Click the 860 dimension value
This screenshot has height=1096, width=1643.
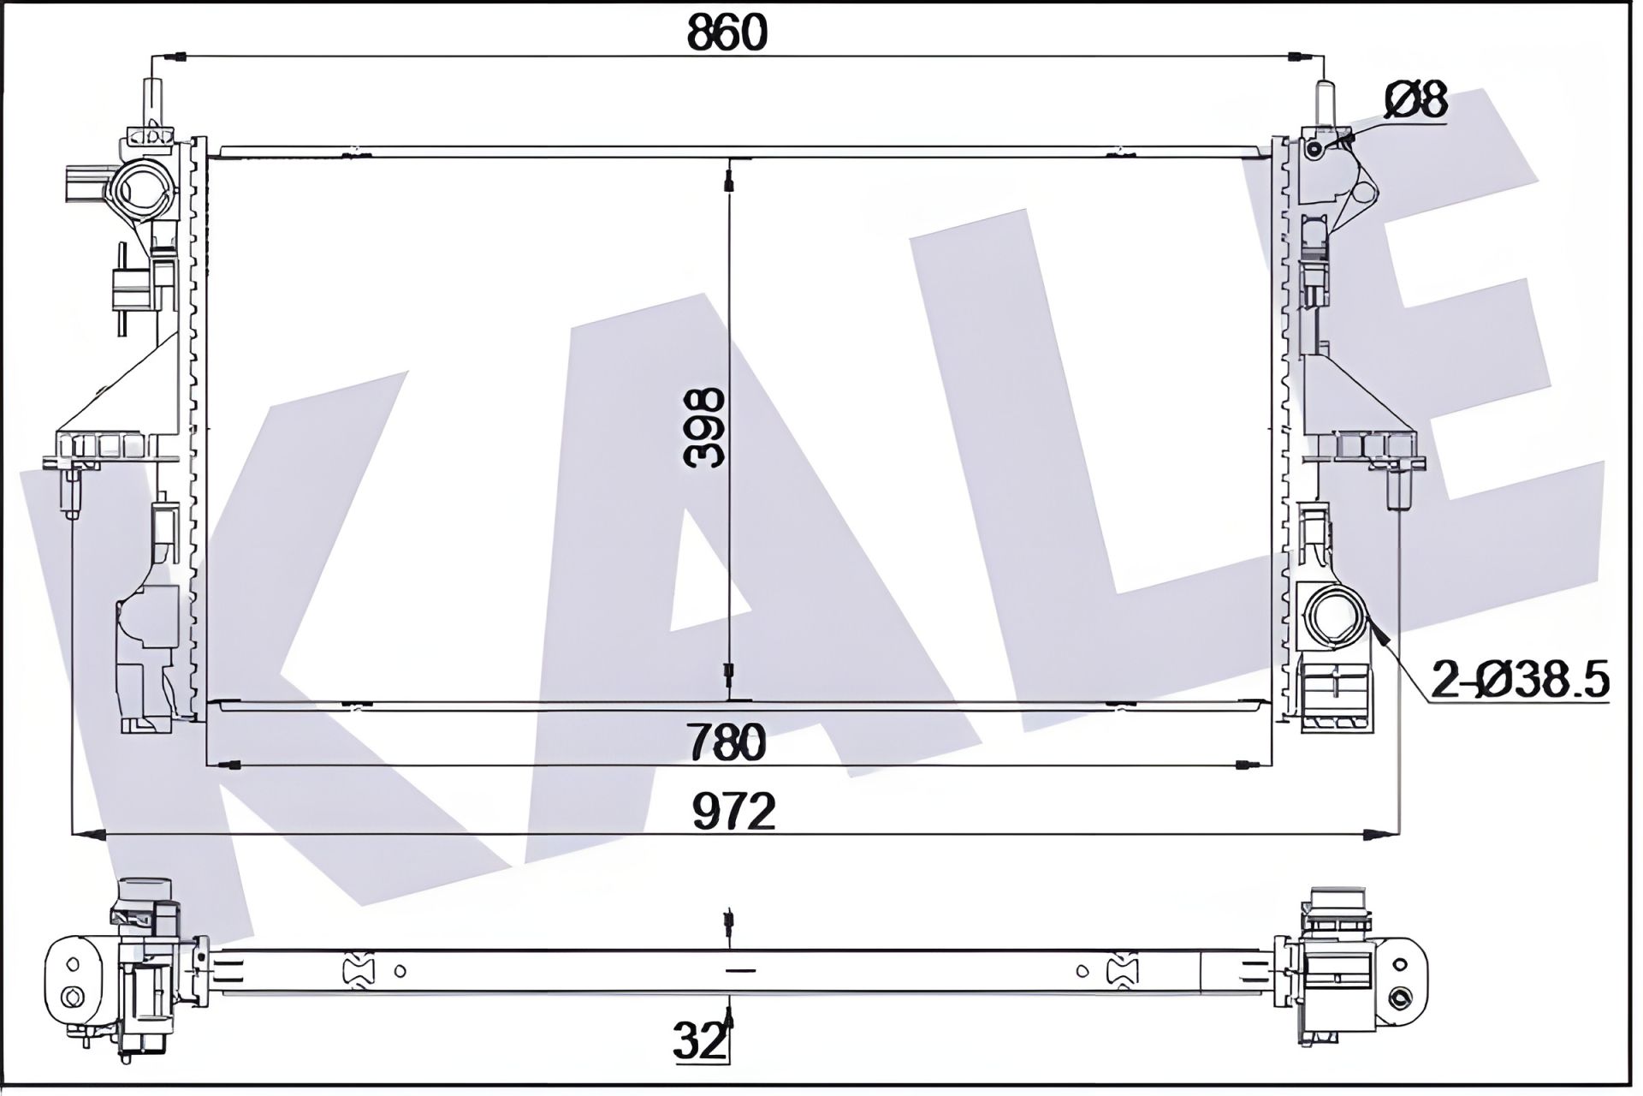tap(728, 33)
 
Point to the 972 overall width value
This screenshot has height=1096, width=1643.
tap(734, 811)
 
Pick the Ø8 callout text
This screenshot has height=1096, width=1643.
tap(1415, 99)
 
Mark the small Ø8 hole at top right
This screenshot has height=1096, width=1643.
tap(1315, 151)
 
